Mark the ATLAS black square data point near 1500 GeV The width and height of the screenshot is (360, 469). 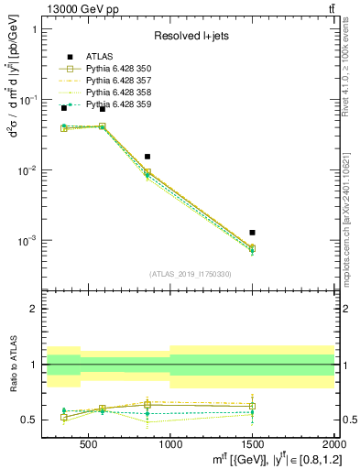coord(252,233)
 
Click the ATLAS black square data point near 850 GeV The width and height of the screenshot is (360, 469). coord(147,157)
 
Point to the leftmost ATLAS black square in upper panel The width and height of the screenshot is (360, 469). coord(63,108)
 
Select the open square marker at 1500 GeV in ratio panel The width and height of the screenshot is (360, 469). coord(252,406)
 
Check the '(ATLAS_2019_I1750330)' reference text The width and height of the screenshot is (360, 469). coord(191,274)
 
